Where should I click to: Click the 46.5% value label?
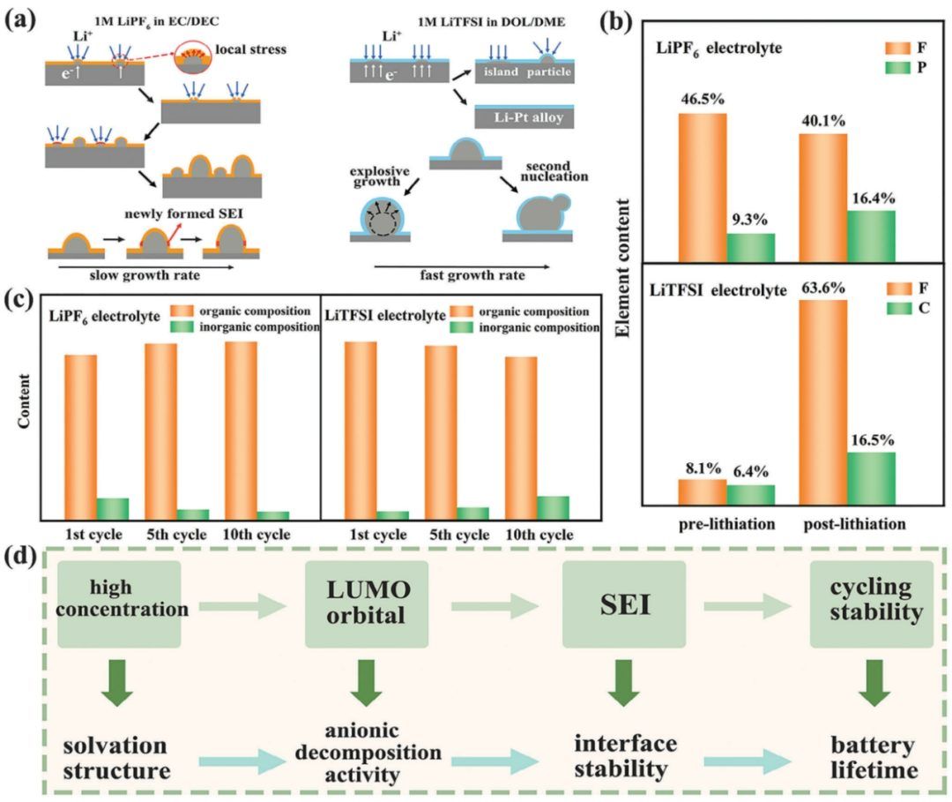coord(702,99)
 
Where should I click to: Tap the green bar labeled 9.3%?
coord(750,248)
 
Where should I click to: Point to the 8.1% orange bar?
coord(702,492)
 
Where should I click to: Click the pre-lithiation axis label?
coord(726,524)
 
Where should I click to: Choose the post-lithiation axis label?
coord(854,524)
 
